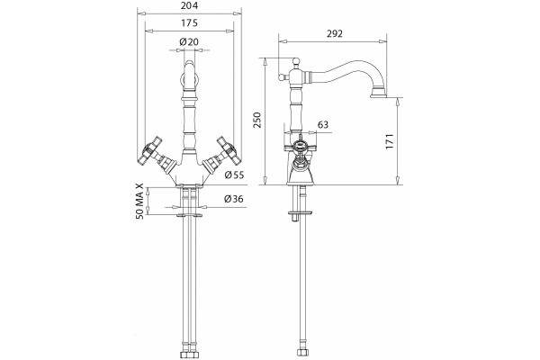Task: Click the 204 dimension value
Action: pyautogui.click(x=189, y=6)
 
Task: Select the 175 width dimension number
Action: pyautogui.click(x=189, y=23)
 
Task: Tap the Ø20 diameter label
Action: pyautogui.click(x=189, y=42)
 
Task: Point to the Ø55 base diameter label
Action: pyautogui.click(x=234, y=175)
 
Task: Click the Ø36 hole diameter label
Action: pyautogui.click(x=233, y=199)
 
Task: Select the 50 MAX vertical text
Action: pyautogui.click(x=139, y=202)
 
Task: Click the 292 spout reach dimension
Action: pyautogui.click(x=334, y=33)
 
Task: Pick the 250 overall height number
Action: pyautogui.click(x=257, y=120)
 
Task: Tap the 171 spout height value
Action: pyautogui.click(x=389, y=141)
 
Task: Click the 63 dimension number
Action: pyautogui.click(x=323, y=124)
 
